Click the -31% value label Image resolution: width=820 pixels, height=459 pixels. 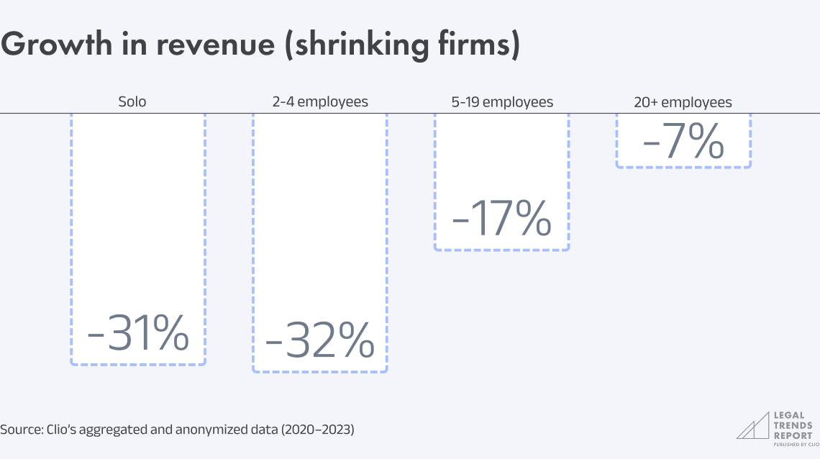(138, 332)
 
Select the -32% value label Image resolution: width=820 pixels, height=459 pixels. (319, 340)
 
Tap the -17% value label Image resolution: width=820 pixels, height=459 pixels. (501, 218)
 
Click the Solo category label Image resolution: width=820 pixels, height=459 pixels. (132, 102)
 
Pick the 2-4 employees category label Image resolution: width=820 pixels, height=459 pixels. (320, 102)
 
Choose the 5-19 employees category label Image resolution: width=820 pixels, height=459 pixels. (502, 102)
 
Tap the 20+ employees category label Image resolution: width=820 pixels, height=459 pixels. (683, 102)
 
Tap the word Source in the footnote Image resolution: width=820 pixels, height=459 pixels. (19, 430)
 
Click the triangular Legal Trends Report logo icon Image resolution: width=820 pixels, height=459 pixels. (752, 426)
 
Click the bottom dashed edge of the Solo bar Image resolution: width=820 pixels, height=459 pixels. (138, 364)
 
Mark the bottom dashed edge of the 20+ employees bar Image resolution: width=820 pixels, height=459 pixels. (683, 167)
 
